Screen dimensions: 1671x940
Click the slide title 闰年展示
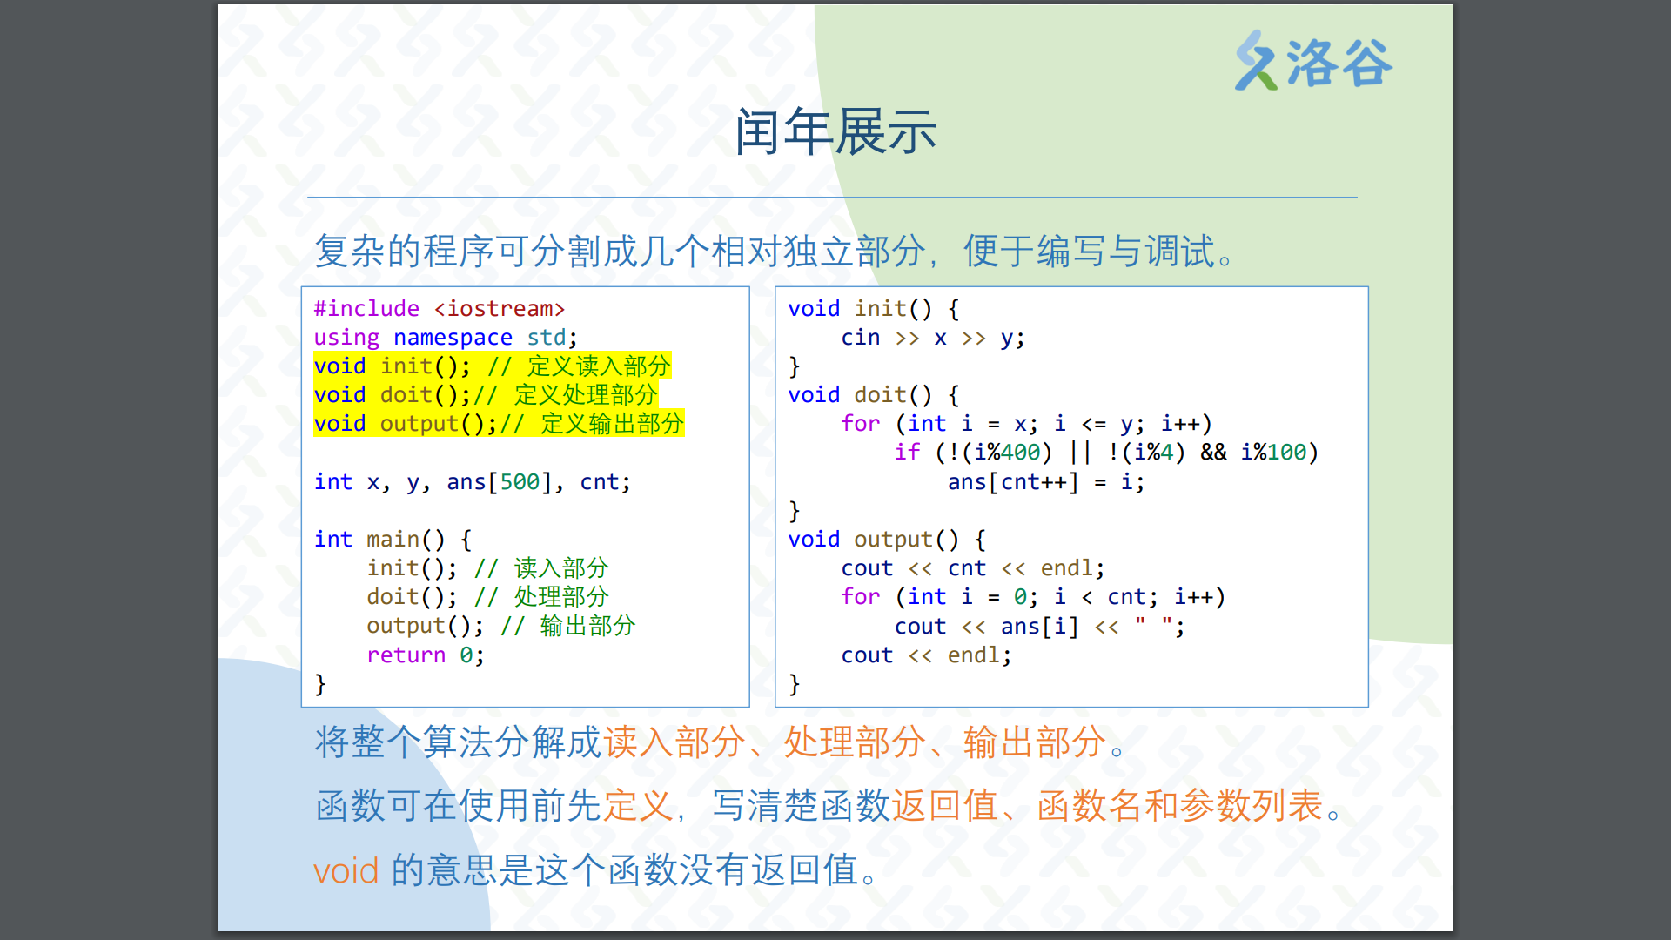(x=835, y=132)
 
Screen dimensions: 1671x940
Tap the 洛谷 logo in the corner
(x=1313, y=61)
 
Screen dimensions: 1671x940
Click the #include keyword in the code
(x=366, y=309)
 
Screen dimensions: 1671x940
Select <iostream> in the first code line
(x=500, y=309)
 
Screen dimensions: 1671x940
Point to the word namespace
(x=453, y=338)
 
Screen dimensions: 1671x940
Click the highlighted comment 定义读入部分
(x=599, y=366)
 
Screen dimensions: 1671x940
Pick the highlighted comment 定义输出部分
(x=613, y=424)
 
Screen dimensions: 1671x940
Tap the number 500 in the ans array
(x=520, y=482)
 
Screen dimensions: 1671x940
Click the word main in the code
(x=393, y=540)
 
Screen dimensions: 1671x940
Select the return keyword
(x=406, y=655)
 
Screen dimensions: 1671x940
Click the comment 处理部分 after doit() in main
(x=561, y=597)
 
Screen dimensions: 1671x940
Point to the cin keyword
(x=860, y=338)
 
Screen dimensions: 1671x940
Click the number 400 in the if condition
(x=1020, y=453)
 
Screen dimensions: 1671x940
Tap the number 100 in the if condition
(x=1286, y=453)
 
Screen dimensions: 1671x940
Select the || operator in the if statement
(x=1080, y=453)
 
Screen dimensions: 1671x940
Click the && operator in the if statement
(x=1213, y=453)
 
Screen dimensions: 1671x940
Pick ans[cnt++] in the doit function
(x=1013, y=482)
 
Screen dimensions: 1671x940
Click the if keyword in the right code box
(x=907, y=453)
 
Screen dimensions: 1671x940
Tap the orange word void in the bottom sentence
(x=346, y=870)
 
